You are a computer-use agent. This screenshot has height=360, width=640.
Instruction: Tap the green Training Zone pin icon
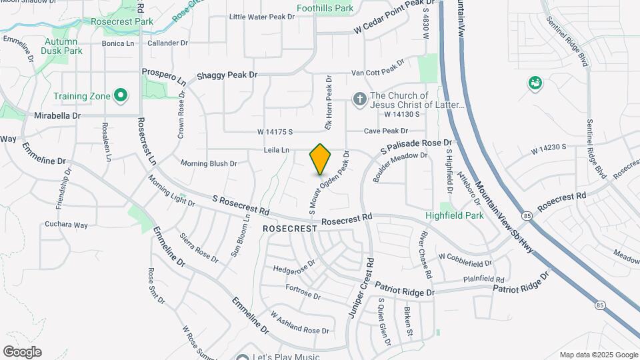[121, 96]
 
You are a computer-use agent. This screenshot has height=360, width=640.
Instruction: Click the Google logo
[22, 352]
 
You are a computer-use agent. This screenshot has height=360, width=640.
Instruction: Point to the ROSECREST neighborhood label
[290, 228]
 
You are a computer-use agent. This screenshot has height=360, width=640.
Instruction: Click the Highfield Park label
[455, 216]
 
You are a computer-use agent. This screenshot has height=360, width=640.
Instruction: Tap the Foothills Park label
[325, 9]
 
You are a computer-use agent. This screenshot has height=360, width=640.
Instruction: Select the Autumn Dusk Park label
[61, 46]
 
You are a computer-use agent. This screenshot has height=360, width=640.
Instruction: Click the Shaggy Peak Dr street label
[227, 75]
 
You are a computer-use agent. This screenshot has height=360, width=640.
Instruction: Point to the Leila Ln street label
[276, 151]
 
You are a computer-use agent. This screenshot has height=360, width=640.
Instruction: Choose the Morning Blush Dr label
[209, 163]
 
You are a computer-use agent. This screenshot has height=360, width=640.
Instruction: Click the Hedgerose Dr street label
[294, 269]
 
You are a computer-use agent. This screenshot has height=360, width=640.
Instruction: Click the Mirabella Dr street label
[57, 115]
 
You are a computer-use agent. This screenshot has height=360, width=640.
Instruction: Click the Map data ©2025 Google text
[599, 355]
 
